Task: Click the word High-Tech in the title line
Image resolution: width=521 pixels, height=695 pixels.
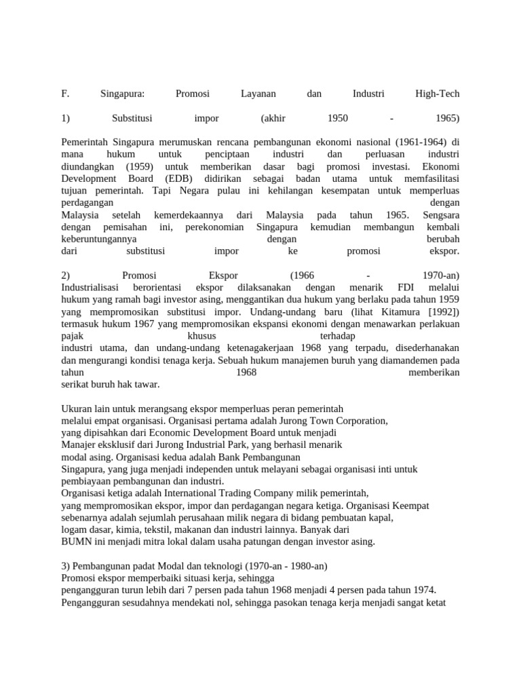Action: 437,94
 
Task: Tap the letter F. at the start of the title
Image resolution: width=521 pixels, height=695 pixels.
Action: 65,94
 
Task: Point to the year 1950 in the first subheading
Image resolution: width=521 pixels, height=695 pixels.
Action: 337,118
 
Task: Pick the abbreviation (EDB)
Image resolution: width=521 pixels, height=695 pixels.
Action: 178,179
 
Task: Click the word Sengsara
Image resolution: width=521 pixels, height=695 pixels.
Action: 441,214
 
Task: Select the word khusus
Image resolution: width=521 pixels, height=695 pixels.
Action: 201,336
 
